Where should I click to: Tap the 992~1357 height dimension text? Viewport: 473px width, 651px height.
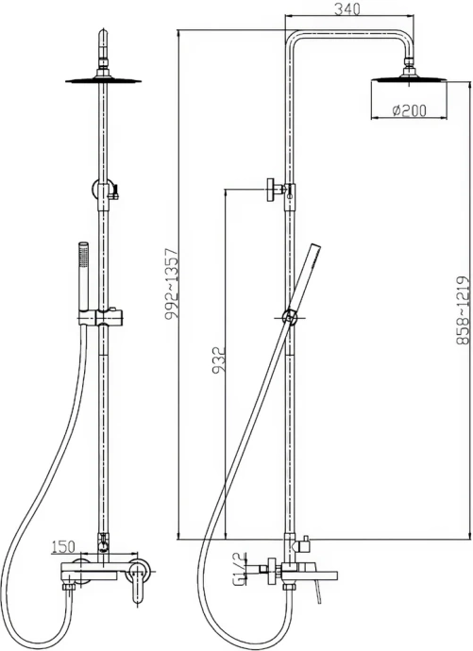pyautogui.click(x=171, y=287)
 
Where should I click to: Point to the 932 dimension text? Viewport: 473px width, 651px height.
pyautogui.click(x=216, y=363)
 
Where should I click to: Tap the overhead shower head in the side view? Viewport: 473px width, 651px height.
pyautogui.click(x=410, y=82)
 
